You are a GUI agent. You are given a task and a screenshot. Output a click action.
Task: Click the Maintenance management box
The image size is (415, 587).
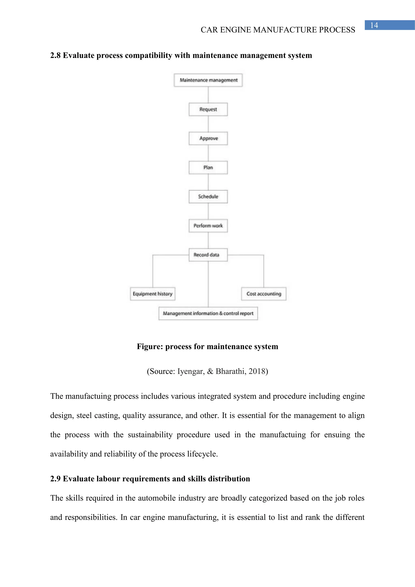(x=208, y=80)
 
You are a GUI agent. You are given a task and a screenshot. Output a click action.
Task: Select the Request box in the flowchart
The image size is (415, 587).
(x=208, y=109)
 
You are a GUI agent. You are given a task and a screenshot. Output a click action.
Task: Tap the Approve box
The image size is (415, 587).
(x=208, y=138)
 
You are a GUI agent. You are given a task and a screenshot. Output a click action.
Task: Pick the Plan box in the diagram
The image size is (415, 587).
(x=208, y=167)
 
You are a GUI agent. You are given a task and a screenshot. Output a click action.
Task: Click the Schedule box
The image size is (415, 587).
(x=208, y=197)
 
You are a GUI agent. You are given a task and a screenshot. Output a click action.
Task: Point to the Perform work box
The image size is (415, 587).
(x=208, y=226)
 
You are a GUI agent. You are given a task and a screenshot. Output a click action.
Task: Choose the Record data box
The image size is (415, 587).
(x=208, y=255)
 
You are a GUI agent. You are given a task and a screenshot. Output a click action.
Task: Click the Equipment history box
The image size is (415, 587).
(x=153, y=294)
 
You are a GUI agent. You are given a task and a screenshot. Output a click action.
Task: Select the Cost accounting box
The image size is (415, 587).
(x=264, y=294)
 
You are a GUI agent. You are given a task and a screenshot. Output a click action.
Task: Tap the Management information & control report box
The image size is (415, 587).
(x=208, y=313)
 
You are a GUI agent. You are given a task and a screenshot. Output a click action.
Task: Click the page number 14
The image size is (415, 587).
(x=374, y=25)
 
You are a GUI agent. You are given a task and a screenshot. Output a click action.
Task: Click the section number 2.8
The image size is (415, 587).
(x=55, y=56)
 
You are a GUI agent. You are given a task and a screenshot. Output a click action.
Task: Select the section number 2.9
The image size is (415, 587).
(x=55, y=479)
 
